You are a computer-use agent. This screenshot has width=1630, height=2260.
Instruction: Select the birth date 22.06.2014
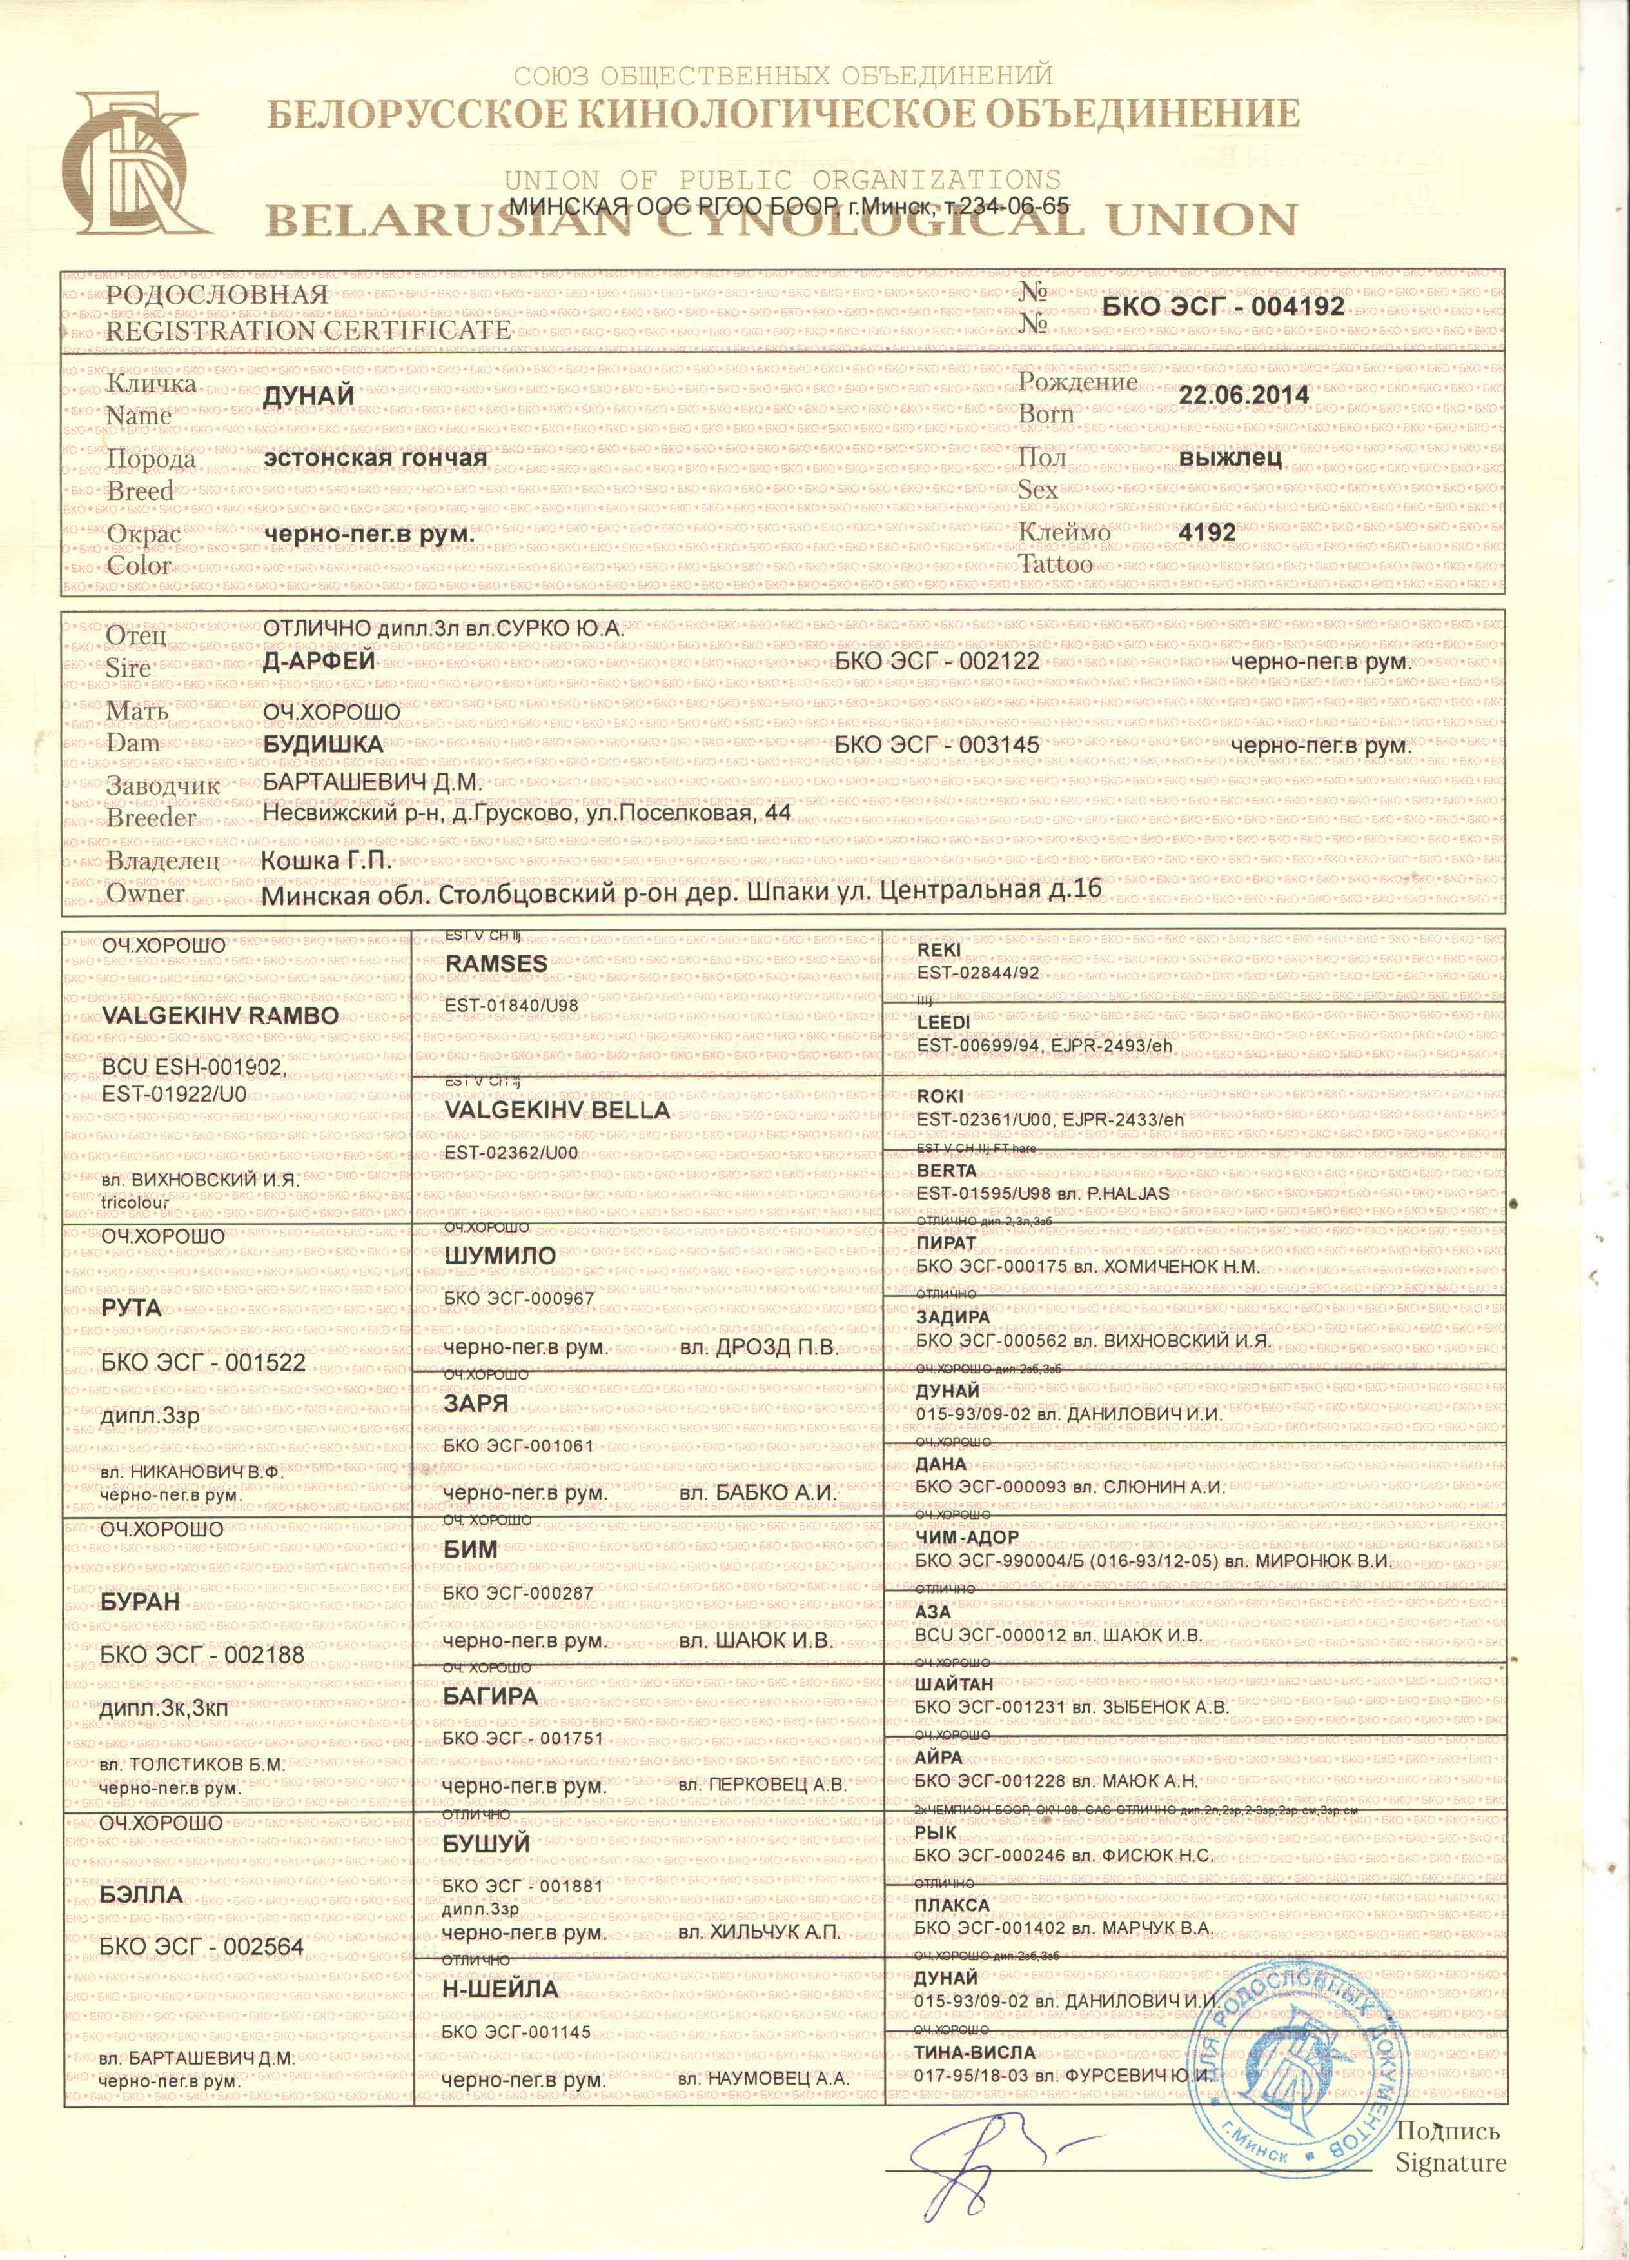(1243, 395)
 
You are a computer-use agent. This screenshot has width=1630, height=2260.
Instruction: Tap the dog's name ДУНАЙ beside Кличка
(309, 395)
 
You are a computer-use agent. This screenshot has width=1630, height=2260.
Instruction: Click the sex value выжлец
(1230, 459)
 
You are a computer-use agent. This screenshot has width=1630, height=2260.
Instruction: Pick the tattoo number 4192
(1206, 533)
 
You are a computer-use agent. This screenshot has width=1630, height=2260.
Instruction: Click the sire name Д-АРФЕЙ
(319, 660)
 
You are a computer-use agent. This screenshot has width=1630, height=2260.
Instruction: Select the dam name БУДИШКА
(323, 744)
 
